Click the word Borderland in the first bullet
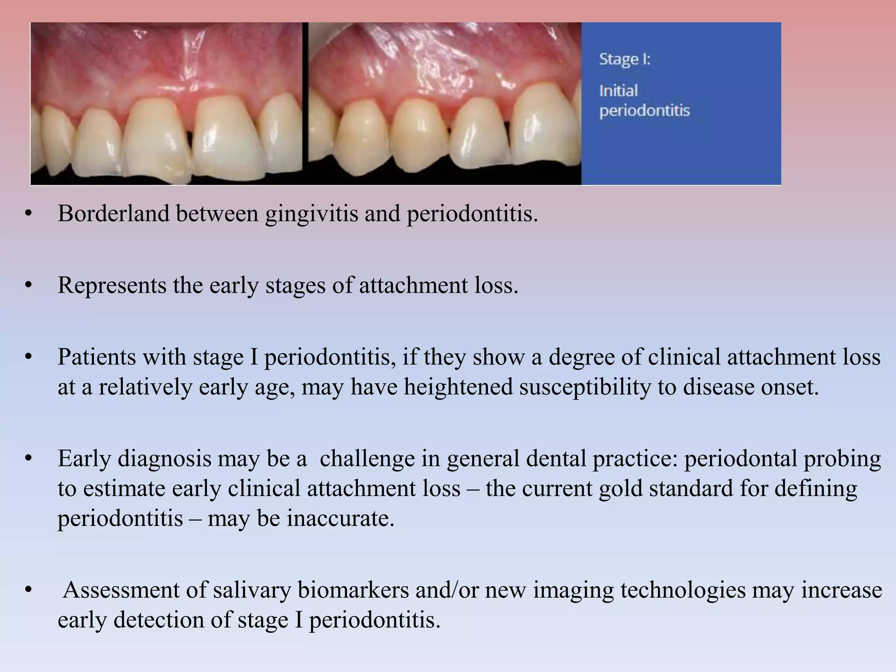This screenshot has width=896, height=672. pos(113,214)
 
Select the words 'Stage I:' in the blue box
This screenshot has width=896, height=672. pos(624,59)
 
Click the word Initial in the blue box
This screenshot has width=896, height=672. pos(618,91)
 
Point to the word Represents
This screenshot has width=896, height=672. pos(112,285)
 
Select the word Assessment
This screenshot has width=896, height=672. pos(134,590)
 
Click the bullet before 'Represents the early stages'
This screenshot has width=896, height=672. pos(29,285)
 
